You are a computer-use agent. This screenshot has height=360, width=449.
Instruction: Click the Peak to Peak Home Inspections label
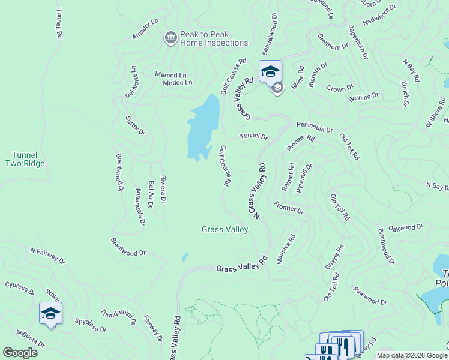(214, 38)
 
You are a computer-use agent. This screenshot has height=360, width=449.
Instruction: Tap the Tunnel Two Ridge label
(25, 158)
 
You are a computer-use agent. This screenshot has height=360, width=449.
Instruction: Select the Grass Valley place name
(224, 229)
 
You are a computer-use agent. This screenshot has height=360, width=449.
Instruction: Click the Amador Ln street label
(146, 29)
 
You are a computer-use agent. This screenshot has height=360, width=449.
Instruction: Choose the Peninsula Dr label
(315, 129)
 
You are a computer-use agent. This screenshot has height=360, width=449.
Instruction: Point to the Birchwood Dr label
(387, 246)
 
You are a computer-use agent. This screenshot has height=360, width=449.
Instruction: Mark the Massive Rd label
(285, 249)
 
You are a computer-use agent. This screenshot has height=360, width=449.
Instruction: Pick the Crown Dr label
(340, 88)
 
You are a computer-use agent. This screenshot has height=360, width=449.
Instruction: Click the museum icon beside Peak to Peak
(170, 38)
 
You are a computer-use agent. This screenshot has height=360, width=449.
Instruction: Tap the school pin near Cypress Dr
(50, 313)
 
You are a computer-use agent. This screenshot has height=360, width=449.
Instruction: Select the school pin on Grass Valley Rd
(270, 71)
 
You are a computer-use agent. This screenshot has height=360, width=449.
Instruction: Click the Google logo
(20, 353)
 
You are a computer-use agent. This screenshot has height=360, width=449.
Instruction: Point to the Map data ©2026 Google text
(412, 355)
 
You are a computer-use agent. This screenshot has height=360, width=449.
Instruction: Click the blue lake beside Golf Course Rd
(202, 126)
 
